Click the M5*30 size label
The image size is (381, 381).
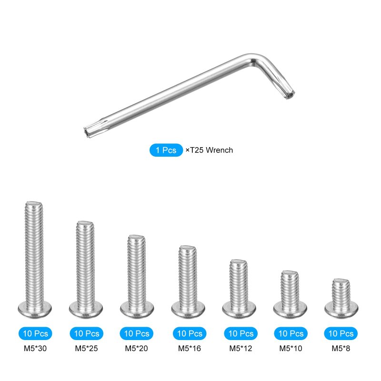click(x=35, y=349)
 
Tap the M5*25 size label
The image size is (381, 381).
click(x=86, y=349)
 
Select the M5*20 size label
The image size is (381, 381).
click(x=136, y=349)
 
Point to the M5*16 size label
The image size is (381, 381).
click(x=190, y=349)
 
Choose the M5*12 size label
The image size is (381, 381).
click(x=241, y=349)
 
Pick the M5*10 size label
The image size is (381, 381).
click(x=291, y=349)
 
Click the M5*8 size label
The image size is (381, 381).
click(x=341, y=349)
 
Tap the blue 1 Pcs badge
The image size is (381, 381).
click(x=166, y=150)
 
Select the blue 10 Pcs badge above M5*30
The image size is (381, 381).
click(x=35, y=333)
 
